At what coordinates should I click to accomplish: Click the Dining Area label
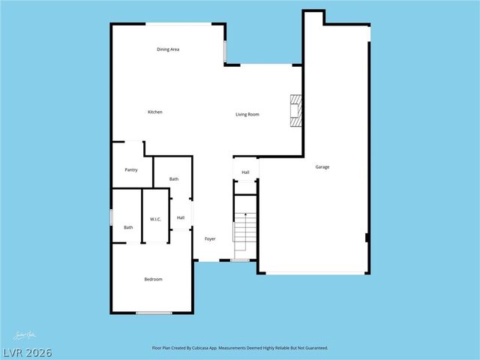point(168,49)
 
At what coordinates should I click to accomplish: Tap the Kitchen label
point(154,112)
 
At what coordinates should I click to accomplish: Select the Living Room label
point(247,114)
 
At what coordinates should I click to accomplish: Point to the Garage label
point(322,166)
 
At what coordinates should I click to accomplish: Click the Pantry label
point(130,170)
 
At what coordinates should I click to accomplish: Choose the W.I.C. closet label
point(155,219)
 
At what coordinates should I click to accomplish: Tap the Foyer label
point(210,238)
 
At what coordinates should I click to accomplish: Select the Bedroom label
point(153,279)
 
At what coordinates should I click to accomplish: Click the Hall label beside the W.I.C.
point(181,218)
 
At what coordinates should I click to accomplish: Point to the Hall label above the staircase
point(245,172)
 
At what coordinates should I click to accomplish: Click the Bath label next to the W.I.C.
point(128,227)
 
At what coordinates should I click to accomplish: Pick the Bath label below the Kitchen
point(174,179)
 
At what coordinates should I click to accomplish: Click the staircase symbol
point(245,229)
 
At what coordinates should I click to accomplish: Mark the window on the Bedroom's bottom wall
point(154,312)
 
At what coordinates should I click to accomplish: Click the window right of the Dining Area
point(225,50)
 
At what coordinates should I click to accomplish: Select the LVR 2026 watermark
point(26,352)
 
